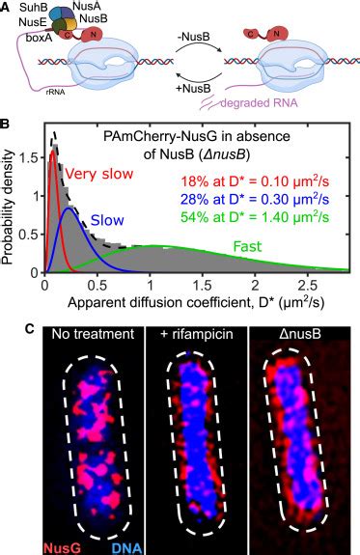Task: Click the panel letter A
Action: click(x=6, y=6)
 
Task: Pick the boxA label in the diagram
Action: click(x=30, y=40)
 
